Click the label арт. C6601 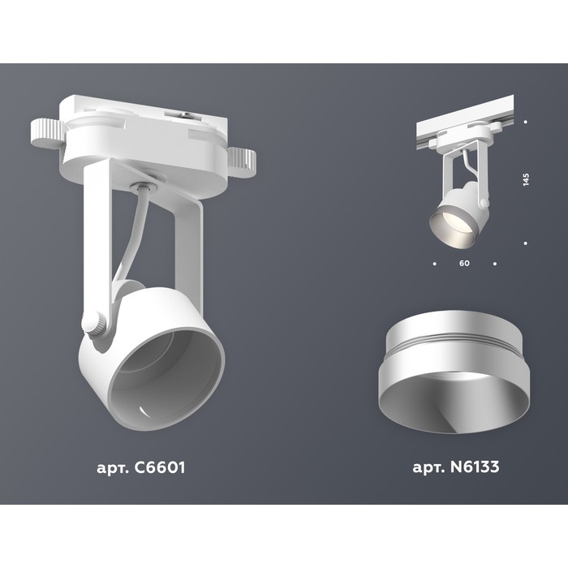(141, 467)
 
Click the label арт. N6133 (456, 467)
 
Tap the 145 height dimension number (526, 179)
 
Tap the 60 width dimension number (464, 264)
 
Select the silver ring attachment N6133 (450, 372)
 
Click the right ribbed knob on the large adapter (241, 162)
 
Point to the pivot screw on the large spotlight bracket (94, 324)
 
